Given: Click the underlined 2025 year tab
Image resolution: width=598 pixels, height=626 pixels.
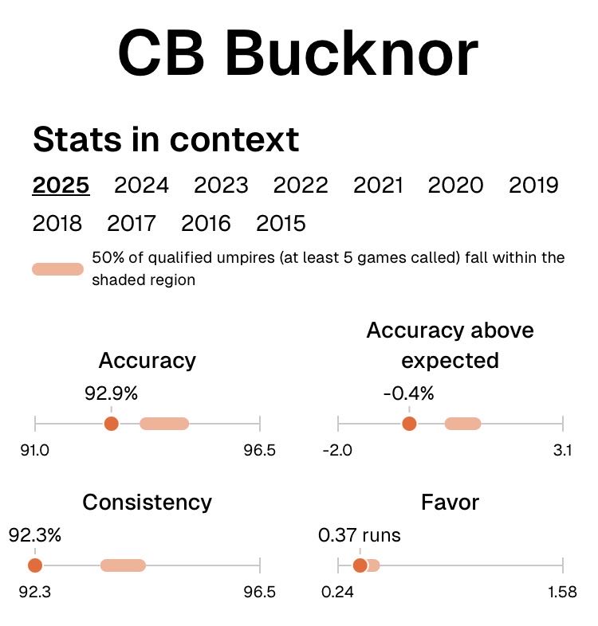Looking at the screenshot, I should click(x=61, y=186).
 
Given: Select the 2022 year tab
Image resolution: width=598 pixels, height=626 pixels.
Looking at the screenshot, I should click(x=301, y=186).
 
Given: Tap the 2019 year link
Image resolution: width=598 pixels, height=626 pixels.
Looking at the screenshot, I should click(x=533, y=186).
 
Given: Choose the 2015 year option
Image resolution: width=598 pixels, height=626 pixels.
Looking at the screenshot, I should click(x=281, y=224).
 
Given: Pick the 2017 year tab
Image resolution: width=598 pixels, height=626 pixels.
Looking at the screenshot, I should click(x=132, y=224).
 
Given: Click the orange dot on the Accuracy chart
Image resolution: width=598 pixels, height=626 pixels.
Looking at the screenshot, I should click(x=112, y=424).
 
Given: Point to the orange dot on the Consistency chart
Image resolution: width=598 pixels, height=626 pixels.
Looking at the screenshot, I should click(x=34, y=565).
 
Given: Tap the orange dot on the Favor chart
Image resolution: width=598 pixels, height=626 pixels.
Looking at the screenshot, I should click(x=360, y=565).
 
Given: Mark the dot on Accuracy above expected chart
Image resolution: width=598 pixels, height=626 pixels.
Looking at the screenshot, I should click(x=409, y=424).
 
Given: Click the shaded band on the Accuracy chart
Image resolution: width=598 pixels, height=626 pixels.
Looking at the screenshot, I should click(x=164, y=424).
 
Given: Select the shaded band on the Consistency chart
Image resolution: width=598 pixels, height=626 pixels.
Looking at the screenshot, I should click(x=123, y=565).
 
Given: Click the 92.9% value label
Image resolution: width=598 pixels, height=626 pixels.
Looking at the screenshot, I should click(x=112, y=393).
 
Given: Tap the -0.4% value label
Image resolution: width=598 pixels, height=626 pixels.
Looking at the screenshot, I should click(x=408, y=393).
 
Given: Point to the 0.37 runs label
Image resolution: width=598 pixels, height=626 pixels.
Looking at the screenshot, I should click(x=360, y=535).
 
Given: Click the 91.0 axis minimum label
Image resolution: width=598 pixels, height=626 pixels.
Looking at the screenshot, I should click(x=35, y=451).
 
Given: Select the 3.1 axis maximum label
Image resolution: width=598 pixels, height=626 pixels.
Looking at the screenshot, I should click(x=562, y=451).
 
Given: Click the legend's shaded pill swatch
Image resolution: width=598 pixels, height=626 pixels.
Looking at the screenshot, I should click(x=57, y=269).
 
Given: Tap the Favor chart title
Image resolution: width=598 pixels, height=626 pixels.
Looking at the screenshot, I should click(x=450, y=503).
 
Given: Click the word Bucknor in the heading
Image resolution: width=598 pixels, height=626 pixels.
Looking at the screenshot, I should click(x=351, y=54).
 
